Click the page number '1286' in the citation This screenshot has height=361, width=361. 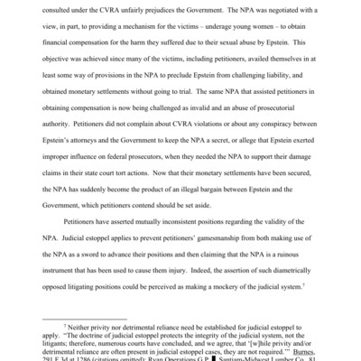pos(88,355)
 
